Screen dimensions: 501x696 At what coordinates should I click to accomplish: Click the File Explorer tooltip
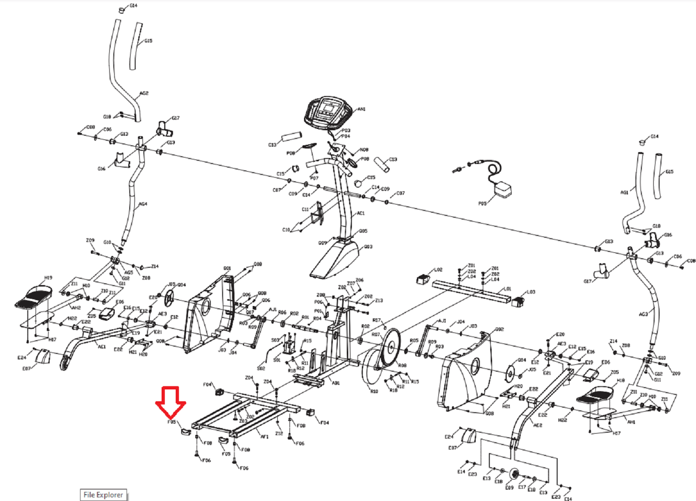tap(103, 495)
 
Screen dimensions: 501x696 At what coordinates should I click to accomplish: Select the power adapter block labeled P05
tap(503, 189)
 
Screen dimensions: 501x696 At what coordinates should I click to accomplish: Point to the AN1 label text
tap(361, 109)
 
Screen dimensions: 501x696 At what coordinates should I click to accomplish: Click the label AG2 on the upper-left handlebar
tap(144, 93)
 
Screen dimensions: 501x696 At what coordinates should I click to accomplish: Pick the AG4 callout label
tap(143, 204)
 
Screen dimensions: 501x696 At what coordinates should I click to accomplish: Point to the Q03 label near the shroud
tap(368, 247)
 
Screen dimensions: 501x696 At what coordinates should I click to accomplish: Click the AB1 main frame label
tap(335, 383)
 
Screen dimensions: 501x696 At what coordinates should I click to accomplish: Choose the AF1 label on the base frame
tap(264, 436)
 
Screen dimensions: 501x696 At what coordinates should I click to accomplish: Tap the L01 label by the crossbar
tap(508, 289)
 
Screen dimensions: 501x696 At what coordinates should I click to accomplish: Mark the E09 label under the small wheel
tap(509, 488)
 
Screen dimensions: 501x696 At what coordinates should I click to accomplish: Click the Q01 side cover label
tap(227, 268)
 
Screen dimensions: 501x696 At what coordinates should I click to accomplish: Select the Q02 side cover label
tap(499, 329)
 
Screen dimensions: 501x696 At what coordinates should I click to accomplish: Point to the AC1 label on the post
tap(361, 213)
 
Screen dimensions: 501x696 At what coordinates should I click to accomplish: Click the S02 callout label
tap(261, 368)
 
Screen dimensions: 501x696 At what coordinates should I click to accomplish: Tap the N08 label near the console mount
tap(364, 150)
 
